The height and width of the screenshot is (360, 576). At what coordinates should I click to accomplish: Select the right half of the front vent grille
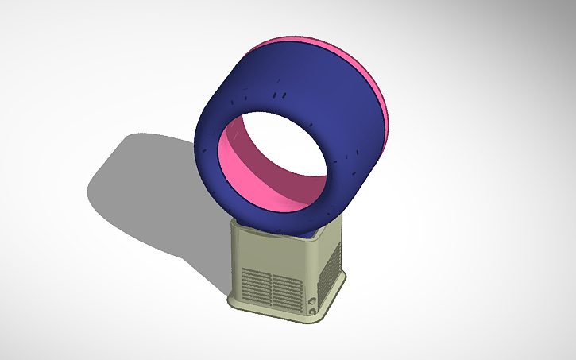pyautogui.click(x=284, y=290)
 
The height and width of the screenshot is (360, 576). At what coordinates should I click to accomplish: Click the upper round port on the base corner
pyautogui.click(x=311, y=300)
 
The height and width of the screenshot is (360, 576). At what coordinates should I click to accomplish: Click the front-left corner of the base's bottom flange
pyautogui.click(x=231, y=301)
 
